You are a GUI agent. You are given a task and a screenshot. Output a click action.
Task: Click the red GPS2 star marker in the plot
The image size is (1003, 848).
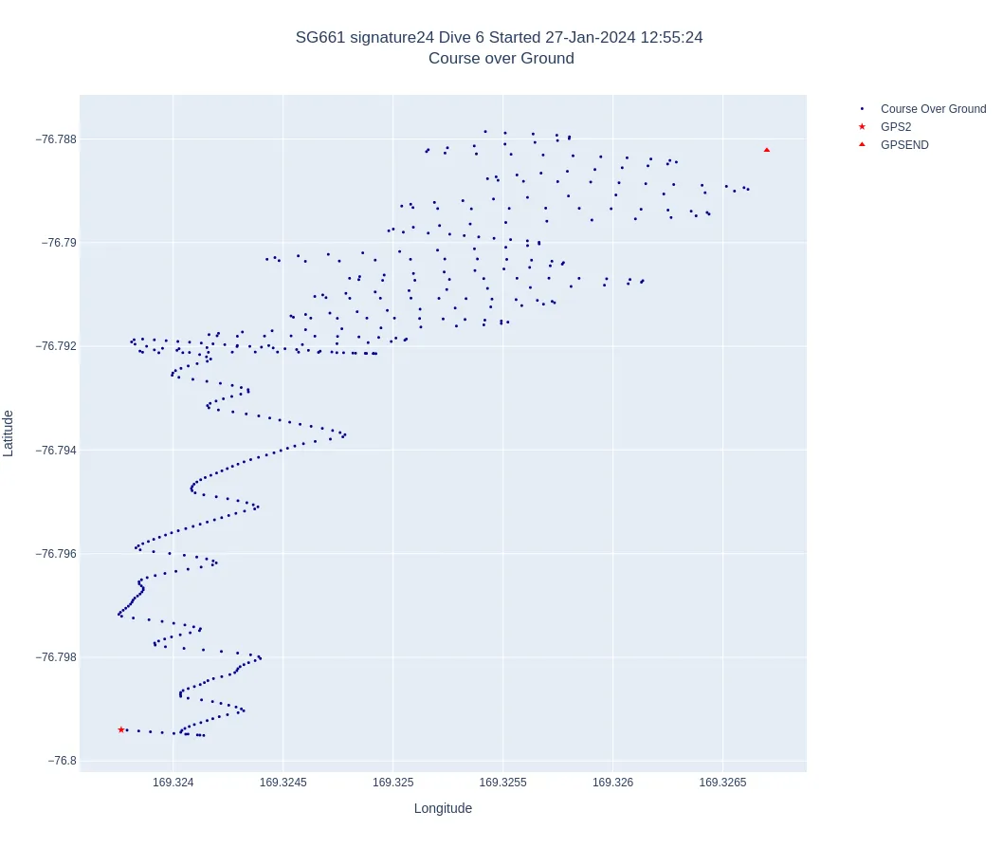(x=121, y=729)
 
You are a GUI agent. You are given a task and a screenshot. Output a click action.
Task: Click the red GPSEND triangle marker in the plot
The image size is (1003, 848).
(x=767, y=150)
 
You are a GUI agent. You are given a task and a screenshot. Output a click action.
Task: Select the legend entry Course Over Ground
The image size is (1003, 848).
(x=933, y=109)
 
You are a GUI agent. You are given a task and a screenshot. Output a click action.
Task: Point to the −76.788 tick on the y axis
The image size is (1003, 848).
(x=56, y=139)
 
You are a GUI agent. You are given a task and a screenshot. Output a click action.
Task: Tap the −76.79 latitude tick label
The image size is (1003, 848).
(x=60, y=243)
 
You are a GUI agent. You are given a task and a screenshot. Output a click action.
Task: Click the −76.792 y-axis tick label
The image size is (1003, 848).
(x=56, y=346)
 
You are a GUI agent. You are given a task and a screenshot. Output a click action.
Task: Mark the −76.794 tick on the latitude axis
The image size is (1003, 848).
(x=56, y=451)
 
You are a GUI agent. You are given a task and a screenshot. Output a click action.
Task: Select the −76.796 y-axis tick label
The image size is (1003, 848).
(x=56, y=554)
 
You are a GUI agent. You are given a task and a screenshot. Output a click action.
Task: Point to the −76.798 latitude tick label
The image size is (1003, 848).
(x=56, y=657)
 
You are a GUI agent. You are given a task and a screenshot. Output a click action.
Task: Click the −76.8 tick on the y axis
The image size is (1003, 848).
(x=63, y=761)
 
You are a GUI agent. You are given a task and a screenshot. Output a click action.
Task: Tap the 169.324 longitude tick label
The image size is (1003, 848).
(x=173, y=783)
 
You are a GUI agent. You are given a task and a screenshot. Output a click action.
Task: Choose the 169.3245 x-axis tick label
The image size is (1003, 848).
(x=283, y=783)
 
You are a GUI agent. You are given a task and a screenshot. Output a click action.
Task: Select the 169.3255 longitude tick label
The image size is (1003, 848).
(x=502, y=783)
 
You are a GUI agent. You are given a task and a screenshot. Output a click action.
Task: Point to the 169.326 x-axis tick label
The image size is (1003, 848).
(x=612, y=783)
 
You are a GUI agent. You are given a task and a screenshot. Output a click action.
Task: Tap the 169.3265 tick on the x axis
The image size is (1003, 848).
(x=722, y=783)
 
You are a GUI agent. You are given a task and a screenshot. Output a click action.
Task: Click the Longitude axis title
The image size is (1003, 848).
(x=443, y=808)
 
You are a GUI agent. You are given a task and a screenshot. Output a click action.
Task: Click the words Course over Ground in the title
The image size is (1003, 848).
(x=501, y=59)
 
